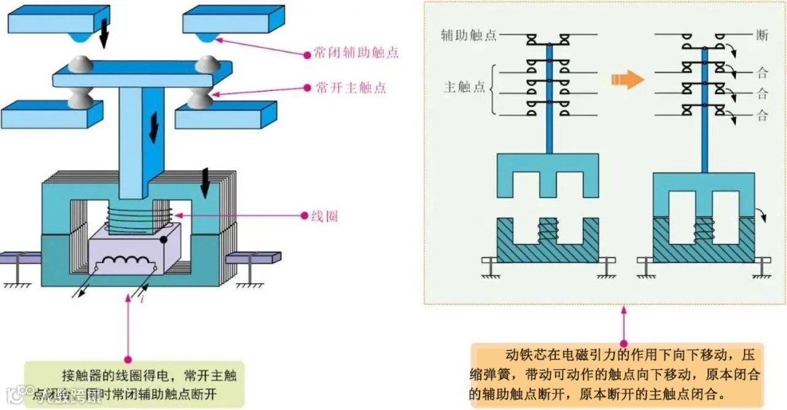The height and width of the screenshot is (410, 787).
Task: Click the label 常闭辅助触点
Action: (x=356, y=53)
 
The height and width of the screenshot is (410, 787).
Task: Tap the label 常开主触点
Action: (x=351, y=87)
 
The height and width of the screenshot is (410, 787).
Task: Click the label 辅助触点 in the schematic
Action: (x=468, y=35)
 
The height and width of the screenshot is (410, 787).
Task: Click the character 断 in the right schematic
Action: (x=762, y=35)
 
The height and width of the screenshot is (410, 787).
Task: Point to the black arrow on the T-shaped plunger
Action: (x=153, y=127)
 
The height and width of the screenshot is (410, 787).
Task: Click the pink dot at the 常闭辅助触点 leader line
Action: (x=308, y=53)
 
